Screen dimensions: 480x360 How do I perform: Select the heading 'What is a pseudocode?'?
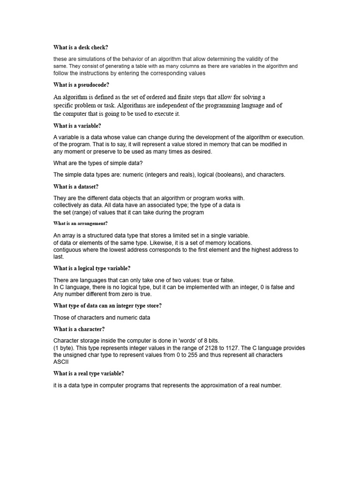pyautogui.click(x=81, y=85)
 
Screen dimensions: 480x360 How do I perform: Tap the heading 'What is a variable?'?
pyautogui.click(x=77, y=126)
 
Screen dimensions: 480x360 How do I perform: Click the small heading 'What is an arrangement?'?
pyautogui.click(x=81, y=224)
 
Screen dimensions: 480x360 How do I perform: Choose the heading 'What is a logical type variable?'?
pyautogui.click(x=92, y=268)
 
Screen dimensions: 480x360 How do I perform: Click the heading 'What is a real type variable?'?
pyautogui.click(x=89, y=374)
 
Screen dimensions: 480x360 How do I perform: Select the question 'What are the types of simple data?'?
pyautogui.click(x=98, y=163)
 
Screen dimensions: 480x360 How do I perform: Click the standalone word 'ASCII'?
pyautogui.click(x=61, y=362)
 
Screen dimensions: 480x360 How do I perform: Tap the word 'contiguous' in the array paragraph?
pyautogui.click(x=68, y=250)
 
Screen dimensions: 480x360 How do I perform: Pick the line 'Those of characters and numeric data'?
pyautogui.click(x=102, y=317)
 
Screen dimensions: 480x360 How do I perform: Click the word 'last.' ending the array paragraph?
pyautogui.click(x=59, y=257)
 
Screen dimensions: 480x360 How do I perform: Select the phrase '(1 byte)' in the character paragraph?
pyautogui.click(x=64, y=348)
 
